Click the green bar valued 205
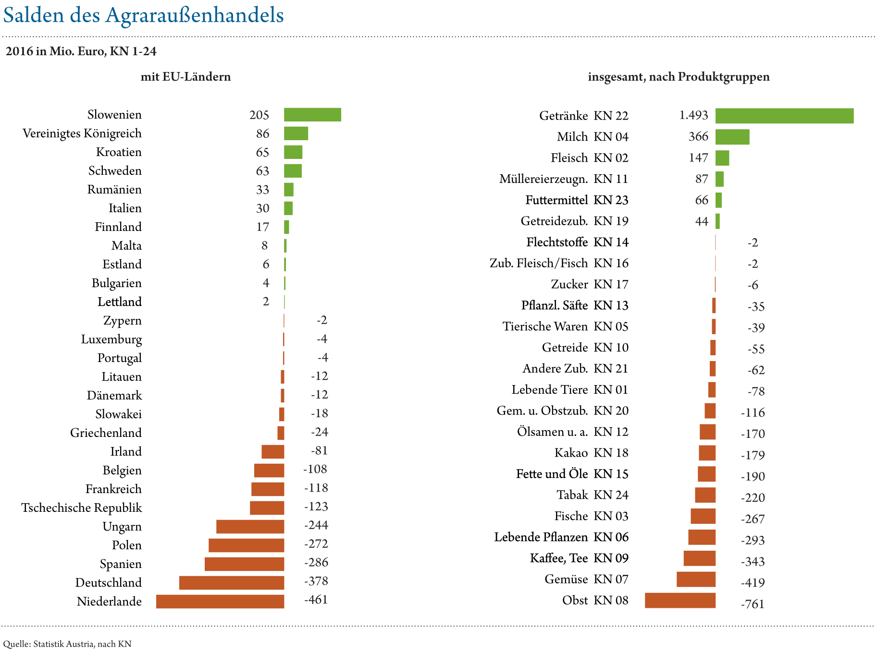(312, 115)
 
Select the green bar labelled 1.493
(784, 116)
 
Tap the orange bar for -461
(220, 602)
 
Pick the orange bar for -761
(680, 601)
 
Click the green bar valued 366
(732, 137)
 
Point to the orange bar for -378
(232, 583)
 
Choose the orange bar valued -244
(250, 527)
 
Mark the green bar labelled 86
(296, 133)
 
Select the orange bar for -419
(696, 580)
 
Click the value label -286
(316, 562)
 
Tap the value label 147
(698, 158)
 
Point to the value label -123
(316, 507)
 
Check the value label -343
(753, 562)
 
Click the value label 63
(262, 171)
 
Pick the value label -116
(753, 412)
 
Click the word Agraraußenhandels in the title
(195, 15)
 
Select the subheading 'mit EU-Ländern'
(185, 77)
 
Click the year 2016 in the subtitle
(19, 51)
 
